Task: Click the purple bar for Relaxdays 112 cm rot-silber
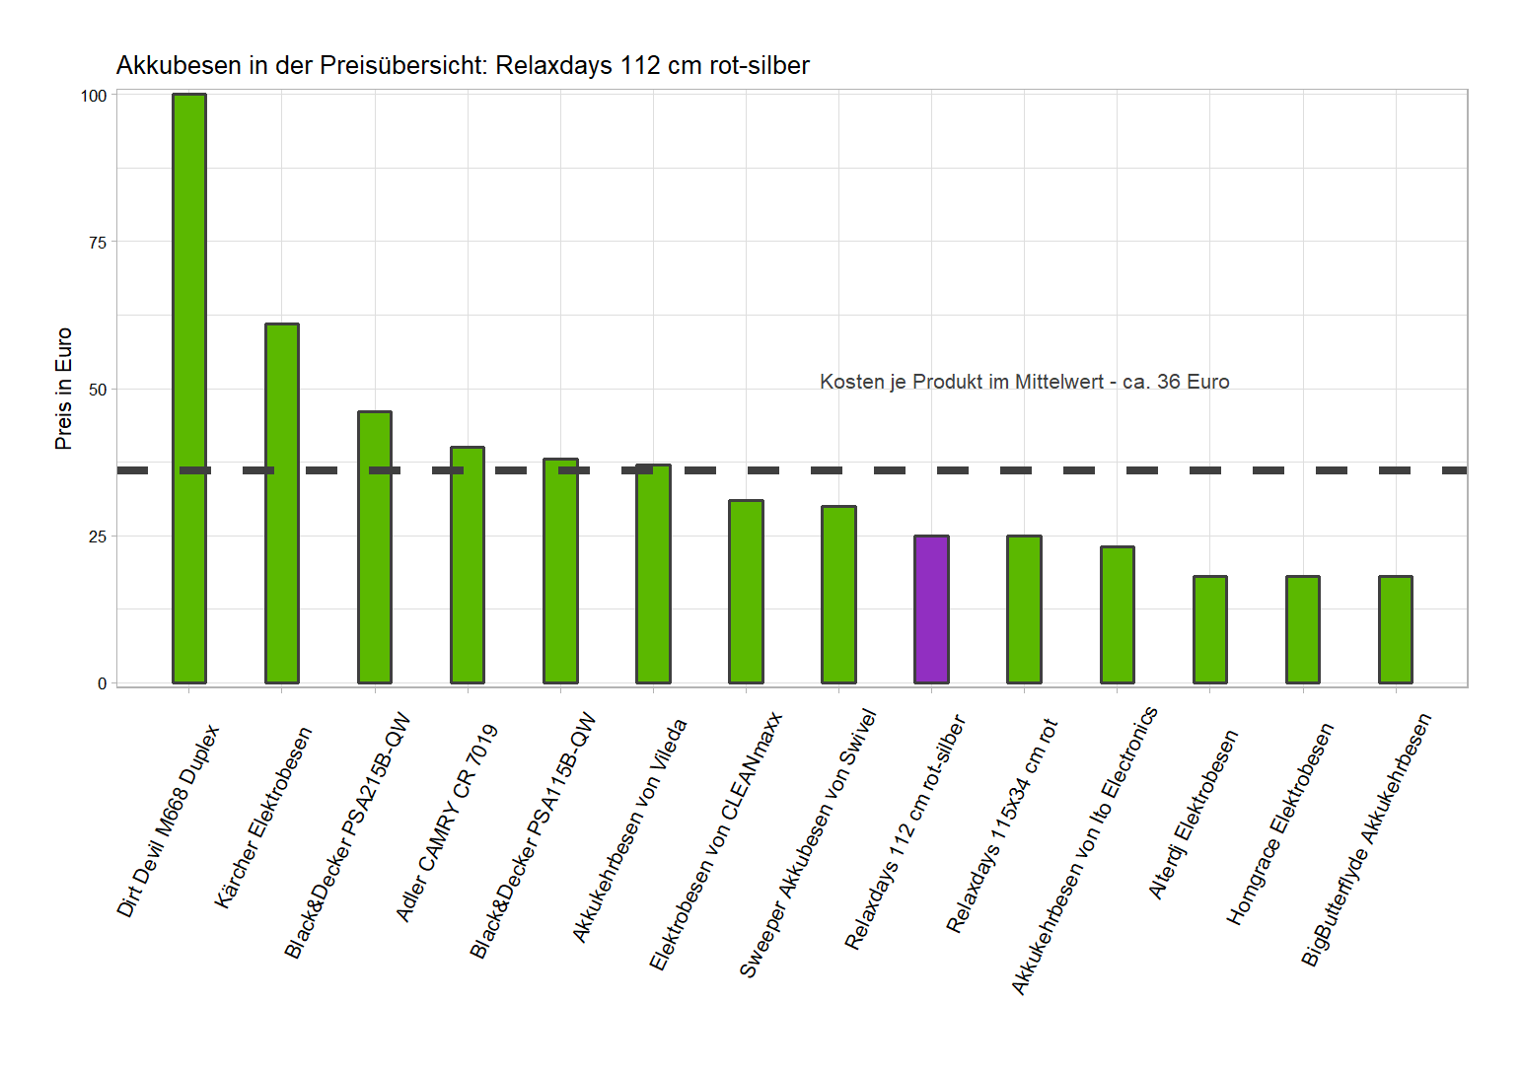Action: (x=931, y=609)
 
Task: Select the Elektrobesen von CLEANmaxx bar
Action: (x=746, y=592)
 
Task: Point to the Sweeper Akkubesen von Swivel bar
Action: (x=838, y=595)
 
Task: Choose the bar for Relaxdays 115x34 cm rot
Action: (x=1024, y=609)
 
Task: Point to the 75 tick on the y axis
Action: (x=97, y=243)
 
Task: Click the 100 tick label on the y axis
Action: (x=94, y=96)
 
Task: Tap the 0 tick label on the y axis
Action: (x=102, y=683)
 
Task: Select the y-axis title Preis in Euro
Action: (x=64, y=389)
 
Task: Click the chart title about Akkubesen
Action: (x=463, y=66)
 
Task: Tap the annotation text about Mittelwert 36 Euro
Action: (x=1024, y=383)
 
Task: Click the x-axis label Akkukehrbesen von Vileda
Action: (x=629, y=831)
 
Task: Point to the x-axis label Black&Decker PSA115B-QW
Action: (x=534, y=835)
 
